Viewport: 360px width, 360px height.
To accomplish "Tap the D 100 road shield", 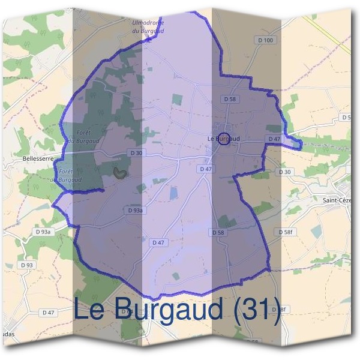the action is [x=267, y=40].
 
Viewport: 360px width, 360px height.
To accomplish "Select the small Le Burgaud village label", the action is [x=223, y=139].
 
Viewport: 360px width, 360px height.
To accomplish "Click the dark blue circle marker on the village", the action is [x=223, y=139].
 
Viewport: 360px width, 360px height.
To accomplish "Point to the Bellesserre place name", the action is [x=37, y=158].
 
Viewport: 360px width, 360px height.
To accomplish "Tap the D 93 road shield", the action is [x=27, y=265].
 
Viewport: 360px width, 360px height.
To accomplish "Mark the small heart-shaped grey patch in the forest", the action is [x=120, y=173].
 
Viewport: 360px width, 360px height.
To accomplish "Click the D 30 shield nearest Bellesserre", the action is [x=136, y=154].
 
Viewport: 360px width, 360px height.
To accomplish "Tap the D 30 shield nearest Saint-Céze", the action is [x=286, y=172].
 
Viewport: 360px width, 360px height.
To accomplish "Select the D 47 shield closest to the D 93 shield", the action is [x=49, y=313].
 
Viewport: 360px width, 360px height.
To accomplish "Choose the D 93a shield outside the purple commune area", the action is [x=43, y=232].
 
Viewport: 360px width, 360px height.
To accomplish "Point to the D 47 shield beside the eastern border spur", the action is [x=274, y=139].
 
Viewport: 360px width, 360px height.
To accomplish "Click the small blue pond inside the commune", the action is [x=174, y=193].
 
